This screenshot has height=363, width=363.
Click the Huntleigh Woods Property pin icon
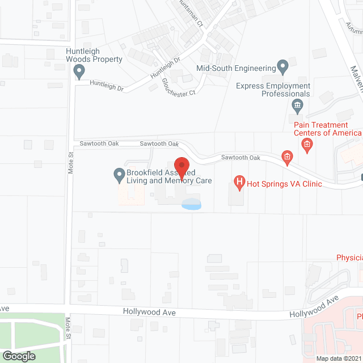(80, 71)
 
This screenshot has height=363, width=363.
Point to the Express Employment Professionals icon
(297, 105)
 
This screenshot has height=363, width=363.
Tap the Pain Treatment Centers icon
(307, 145)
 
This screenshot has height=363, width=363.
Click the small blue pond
(191, 204)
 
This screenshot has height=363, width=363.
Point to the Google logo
(19, 356)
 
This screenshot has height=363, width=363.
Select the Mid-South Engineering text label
(235, 69)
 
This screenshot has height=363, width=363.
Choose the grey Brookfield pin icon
(119, 175)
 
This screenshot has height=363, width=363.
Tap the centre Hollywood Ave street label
(149, 313)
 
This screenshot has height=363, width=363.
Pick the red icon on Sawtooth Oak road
(288, 157)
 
